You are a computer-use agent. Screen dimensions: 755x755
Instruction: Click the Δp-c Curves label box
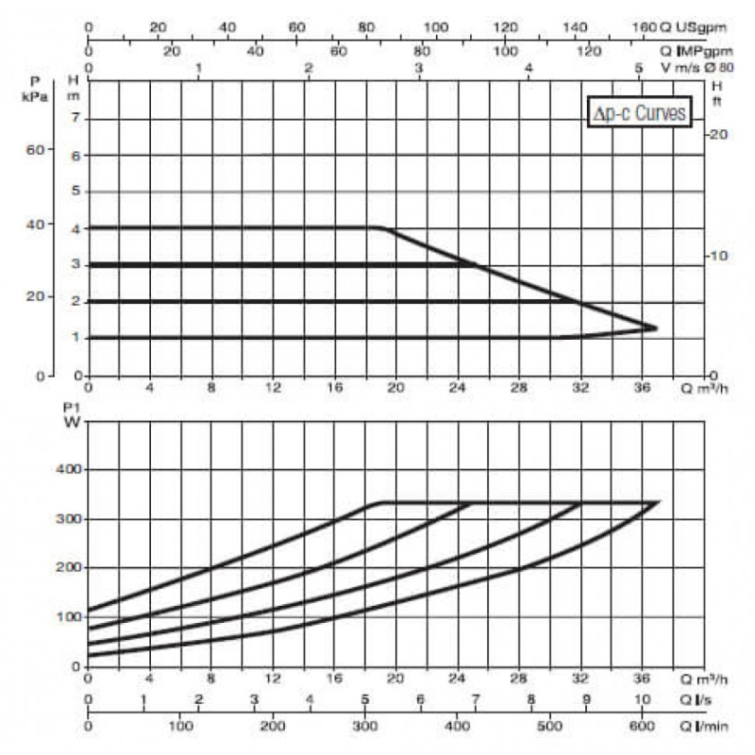640,112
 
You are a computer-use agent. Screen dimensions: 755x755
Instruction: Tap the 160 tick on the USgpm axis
645,27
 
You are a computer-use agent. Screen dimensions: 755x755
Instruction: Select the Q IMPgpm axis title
696,51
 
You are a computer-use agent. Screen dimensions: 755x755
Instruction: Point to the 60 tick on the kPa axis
35,150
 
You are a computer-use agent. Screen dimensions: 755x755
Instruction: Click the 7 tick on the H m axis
75,117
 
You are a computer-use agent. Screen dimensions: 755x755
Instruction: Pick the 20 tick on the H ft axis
719,134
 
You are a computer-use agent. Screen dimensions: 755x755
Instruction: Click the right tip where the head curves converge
657,328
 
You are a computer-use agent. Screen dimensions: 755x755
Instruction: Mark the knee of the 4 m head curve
381,227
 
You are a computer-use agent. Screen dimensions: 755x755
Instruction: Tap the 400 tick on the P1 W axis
69,469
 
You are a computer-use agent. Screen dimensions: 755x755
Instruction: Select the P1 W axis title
73,415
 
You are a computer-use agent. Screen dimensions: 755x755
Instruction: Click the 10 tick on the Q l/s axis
642,699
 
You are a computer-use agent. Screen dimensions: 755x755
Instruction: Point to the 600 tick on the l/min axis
642,726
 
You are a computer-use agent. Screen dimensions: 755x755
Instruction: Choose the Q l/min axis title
703,726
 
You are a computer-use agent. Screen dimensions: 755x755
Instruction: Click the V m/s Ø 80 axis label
697,67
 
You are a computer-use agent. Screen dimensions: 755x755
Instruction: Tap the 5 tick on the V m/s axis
639,68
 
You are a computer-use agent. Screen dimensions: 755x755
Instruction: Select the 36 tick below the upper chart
642,388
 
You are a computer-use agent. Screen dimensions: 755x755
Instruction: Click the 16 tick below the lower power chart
335,679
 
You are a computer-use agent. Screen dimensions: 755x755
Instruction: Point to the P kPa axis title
35,89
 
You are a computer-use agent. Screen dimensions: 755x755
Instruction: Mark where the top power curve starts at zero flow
89,611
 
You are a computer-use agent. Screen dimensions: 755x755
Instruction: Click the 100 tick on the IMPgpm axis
505,51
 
